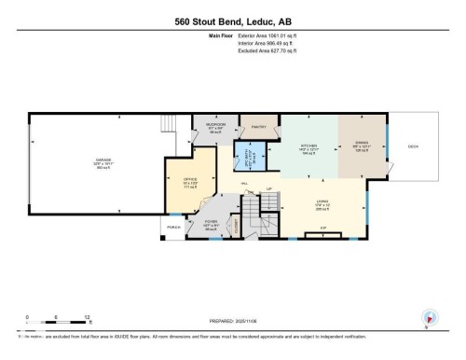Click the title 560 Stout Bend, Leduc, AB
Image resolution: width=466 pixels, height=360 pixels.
click(x=232, y=21)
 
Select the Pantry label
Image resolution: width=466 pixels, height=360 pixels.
click(x=256, y=128)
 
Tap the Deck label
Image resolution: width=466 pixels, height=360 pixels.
click(x=411, y=147)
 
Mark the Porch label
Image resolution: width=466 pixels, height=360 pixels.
click(x=173, y=227)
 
